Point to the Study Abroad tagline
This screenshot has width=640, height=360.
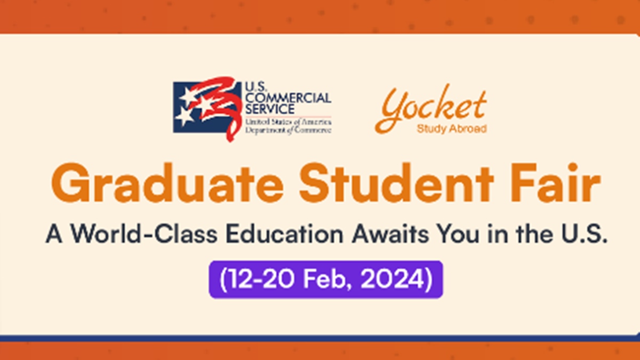[451, 129]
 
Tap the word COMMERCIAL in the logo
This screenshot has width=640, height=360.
[287, 98]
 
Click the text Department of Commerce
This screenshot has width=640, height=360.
[288, 130]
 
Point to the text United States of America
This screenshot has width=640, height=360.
[288, 122]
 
